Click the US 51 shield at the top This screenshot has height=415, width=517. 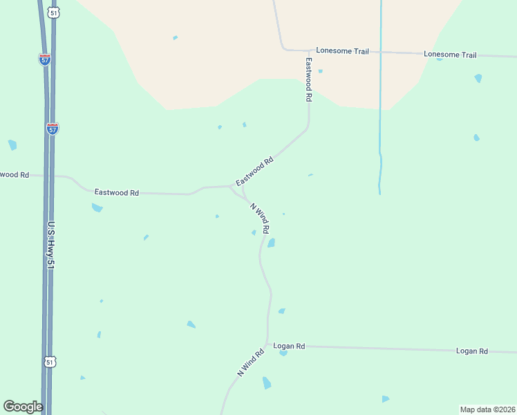(53, 12)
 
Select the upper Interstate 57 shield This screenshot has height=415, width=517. (44, 59)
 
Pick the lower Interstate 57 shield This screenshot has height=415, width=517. (53, 128)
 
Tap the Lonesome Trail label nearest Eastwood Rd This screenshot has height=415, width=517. (343, 50)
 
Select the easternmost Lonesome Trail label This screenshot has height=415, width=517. (450, 55)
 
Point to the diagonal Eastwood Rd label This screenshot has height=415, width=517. (255, 171)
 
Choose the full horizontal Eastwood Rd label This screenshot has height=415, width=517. (117, 192)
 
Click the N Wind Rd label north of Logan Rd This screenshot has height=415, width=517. (259, 216)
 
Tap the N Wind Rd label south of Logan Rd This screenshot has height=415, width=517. (250, 362)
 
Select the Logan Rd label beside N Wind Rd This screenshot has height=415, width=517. (289, 345)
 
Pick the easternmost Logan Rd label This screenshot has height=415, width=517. (472, 351)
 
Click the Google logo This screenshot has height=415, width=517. (23, 407)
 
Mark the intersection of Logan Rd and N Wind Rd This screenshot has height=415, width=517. (267, 344)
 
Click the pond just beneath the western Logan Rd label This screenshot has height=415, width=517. (283, 353)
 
